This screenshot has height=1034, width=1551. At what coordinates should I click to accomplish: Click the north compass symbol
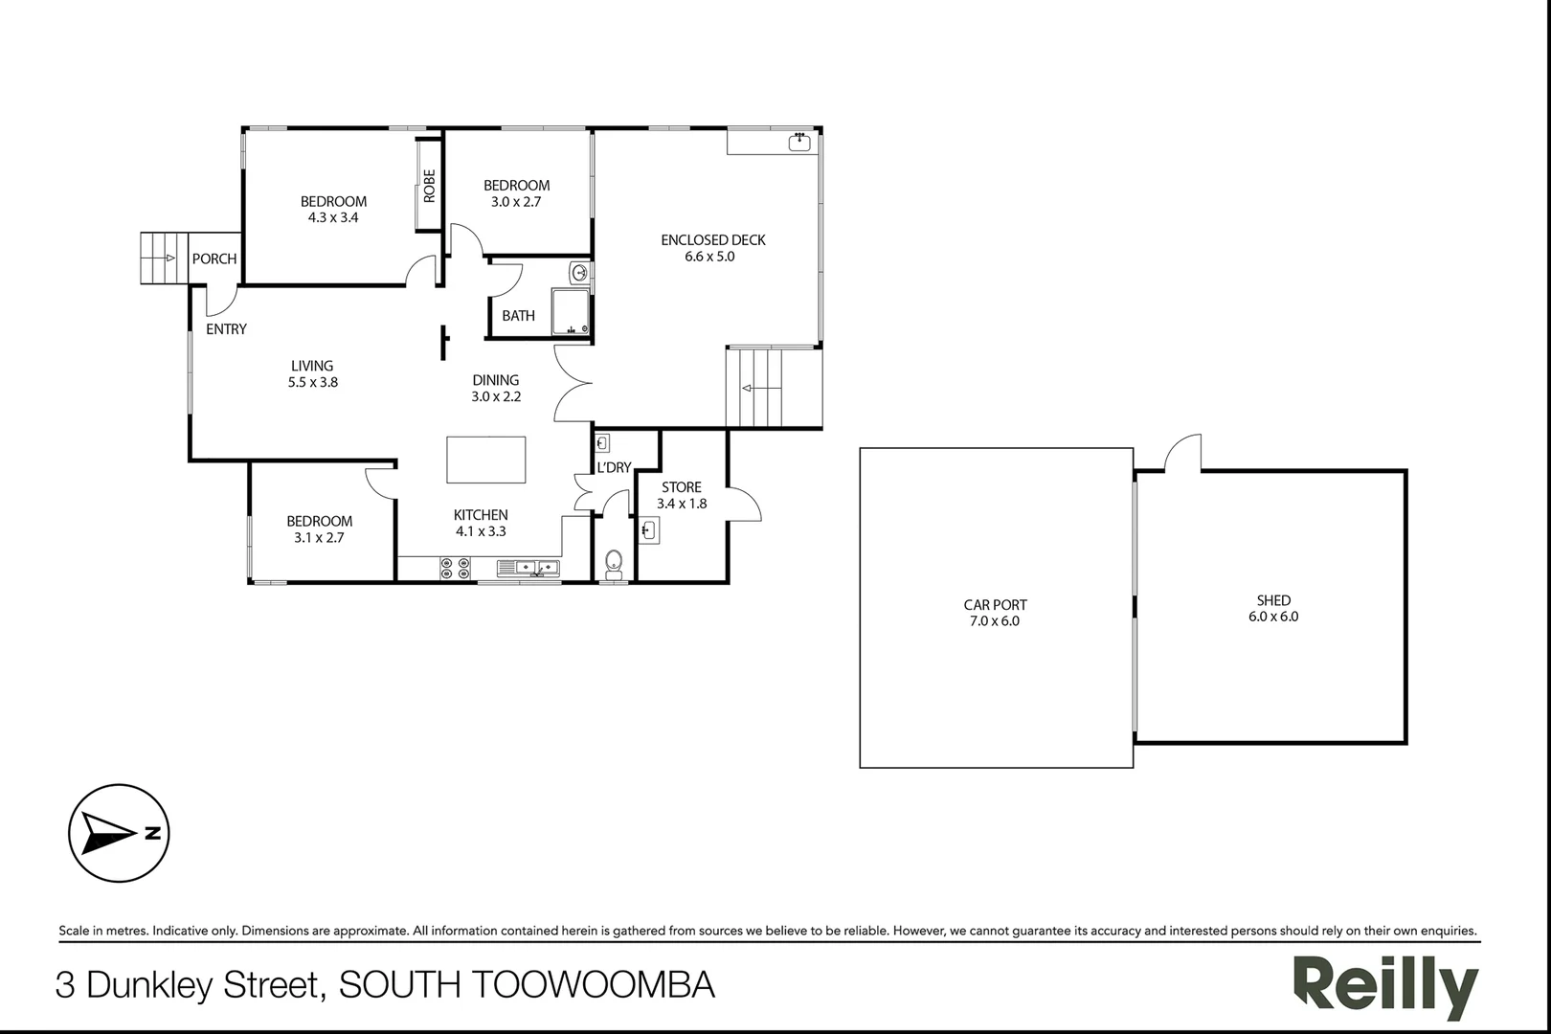tap(119, 833)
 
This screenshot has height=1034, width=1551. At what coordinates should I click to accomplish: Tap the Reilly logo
tap(1384, 985)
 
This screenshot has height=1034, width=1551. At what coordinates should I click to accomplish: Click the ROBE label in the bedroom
tap(429, 185)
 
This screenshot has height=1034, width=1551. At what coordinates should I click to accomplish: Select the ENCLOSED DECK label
tap(713, 240)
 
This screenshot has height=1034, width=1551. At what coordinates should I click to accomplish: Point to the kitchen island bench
tap(486, 460)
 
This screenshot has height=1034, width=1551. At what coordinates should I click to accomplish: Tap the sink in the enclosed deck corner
tap(798, 143)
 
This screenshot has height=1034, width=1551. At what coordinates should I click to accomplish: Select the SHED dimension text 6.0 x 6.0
tap(1273, 617)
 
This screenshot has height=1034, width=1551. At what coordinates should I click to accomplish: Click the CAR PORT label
tap(995, 605)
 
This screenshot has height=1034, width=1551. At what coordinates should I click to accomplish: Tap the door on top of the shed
tap(1183, 453)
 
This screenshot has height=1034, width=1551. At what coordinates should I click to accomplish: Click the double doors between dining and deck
tap(573, 383)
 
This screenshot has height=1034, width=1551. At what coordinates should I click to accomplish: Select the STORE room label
tap(681, 487)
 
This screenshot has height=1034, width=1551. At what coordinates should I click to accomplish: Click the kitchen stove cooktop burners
tap(455, 569)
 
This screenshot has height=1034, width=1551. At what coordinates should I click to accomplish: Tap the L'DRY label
tap(614, 468)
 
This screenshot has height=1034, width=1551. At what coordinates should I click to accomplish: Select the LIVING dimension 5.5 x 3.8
tap(313, 382)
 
